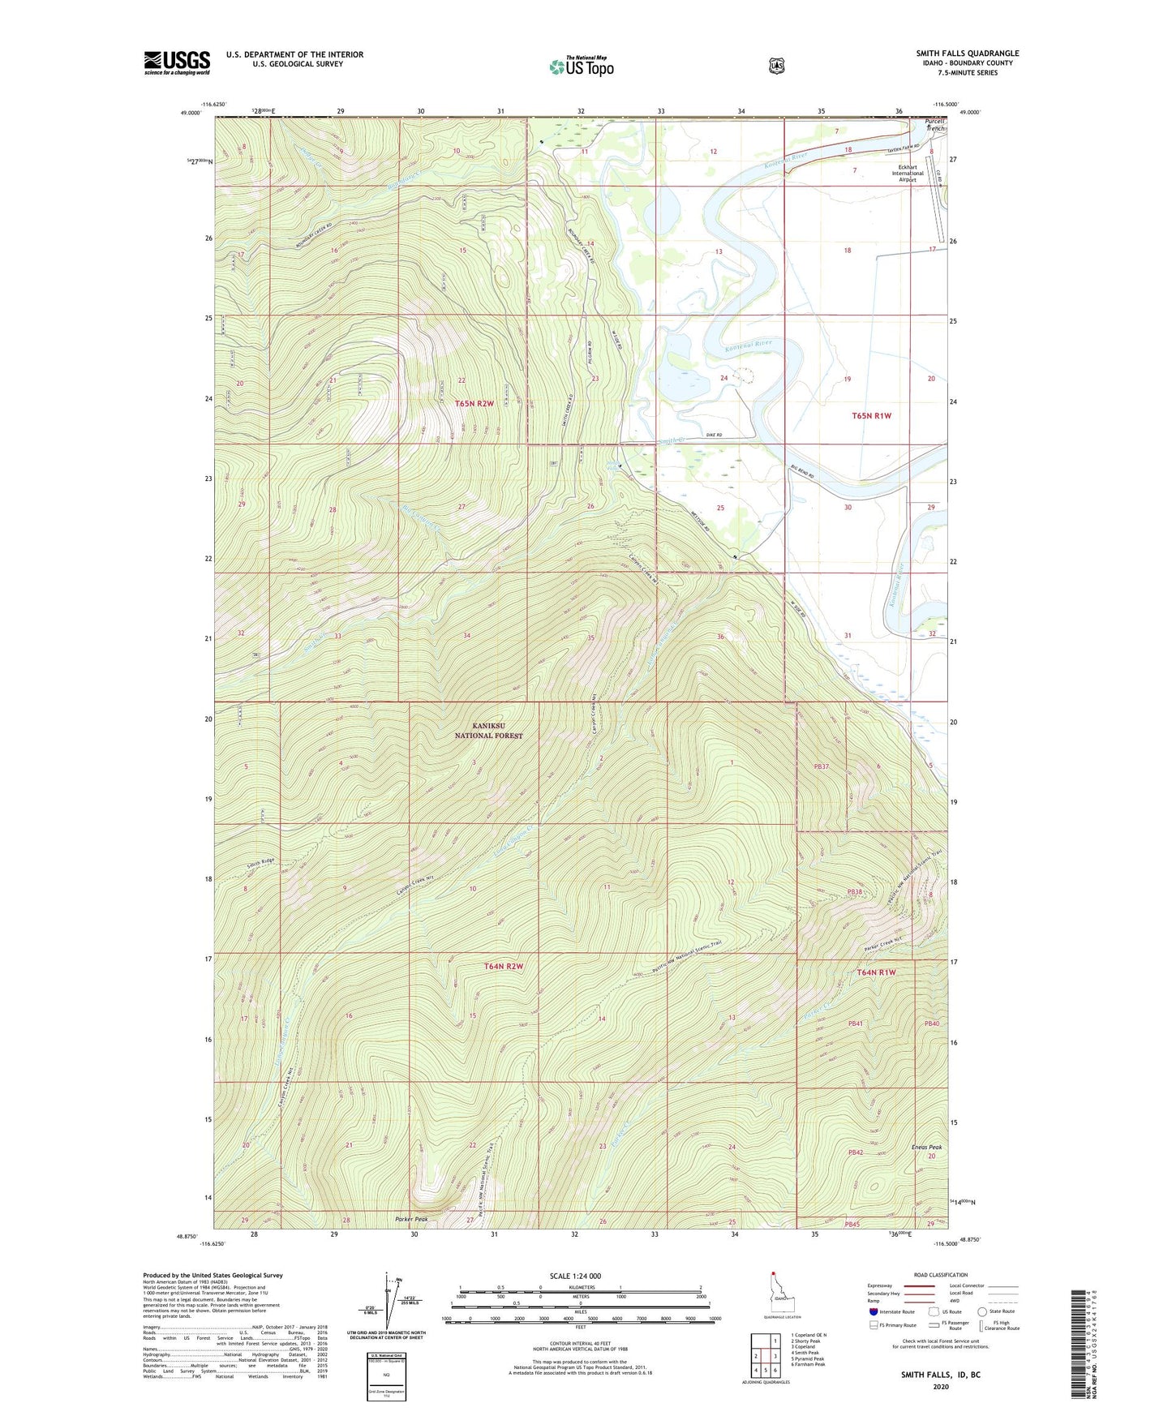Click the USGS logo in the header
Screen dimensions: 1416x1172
coord(177,62)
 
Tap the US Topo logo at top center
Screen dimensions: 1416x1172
coord(582,67)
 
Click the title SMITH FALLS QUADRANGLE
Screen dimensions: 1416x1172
coord(968,54)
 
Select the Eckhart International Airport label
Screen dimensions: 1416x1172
coord(908,173)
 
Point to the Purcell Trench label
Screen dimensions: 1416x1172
coord(935,125)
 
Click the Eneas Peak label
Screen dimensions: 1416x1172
coord(927,1148)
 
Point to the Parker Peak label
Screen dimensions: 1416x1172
coord(411,1219)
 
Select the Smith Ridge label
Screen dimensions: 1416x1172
coord(261,861)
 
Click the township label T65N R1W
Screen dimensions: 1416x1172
coord(871,415)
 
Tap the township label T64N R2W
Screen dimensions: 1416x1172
coord(504,966)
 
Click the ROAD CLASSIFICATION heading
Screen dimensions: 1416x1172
coord(941,1275)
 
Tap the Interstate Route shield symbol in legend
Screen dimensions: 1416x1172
coord(873,1311)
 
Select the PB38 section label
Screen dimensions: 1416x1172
coord(854,891)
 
